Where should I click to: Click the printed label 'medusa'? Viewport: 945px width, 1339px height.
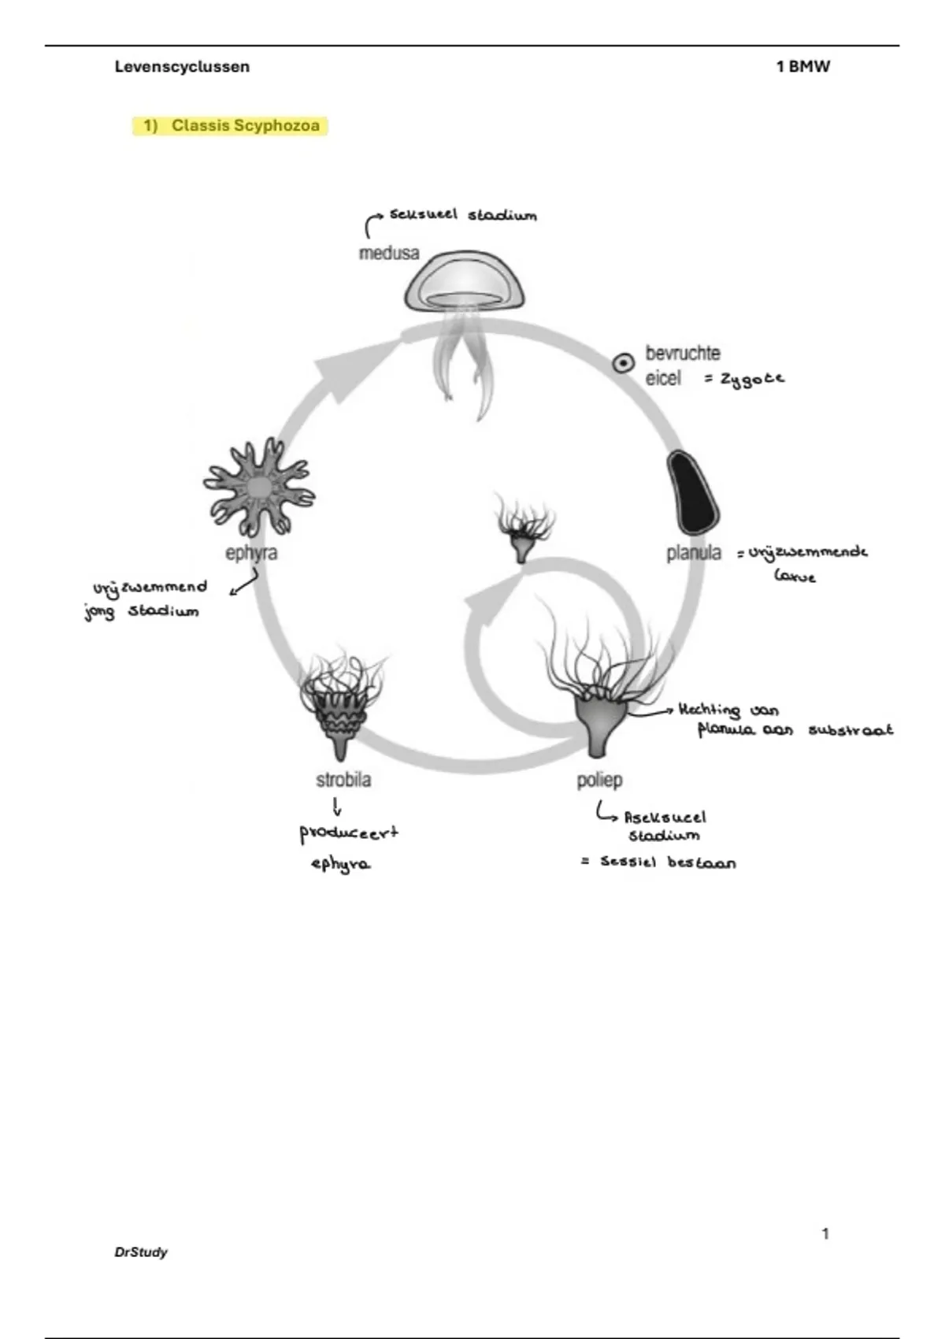tap(389, 254)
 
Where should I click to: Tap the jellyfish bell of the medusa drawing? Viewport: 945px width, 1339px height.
tap(465, 282)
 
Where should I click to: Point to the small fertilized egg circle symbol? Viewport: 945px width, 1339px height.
tap(624, 363)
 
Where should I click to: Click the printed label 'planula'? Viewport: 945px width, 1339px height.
tap(694, 553)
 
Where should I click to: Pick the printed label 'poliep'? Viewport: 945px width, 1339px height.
tap(599, 780)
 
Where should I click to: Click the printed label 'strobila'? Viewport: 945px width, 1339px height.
tap(343, 780)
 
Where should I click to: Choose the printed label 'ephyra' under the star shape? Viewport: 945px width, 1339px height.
tap(251, 553)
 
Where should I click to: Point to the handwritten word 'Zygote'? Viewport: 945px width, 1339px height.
tap(752, 379)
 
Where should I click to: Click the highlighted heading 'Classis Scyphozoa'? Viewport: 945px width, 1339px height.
tap(245, 126)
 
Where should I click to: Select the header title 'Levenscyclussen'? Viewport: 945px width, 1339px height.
tap(182, 67)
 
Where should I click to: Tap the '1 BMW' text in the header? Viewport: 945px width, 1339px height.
tap(802, 67)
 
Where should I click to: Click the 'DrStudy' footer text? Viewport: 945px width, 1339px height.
tap(141, 1252)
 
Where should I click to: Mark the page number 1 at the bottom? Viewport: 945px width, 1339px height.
tap(825, 1233)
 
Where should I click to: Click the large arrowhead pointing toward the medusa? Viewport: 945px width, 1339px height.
tap(339, 369)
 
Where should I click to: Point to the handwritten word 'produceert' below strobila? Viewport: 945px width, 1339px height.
tap(349, 833)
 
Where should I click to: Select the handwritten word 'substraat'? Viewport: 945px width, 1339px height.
tap(850, 730)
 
